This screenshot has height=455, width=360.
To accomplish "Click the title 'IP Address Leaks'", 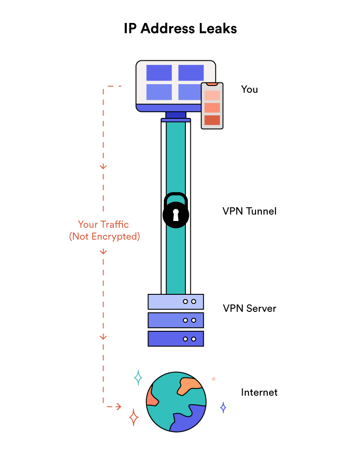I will click(x=180, y=29).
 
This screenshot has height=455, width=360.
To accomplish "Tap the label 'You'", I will click(x=249, y=89).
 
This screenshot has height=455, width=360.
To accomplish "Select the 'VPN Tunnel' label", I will click(x=249, y=211).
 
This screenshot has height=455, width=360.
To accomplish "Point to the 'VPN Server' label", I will click(x=249, y=309).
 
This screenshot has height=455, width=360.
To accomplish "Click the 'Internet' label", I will click(x=259, y=392).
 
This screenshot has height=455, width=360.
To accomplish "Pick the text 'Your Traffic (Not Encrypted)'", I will click(x=104, y=230).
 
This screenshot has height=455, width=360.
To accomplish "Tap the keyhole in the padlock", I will click(x=175, y=215).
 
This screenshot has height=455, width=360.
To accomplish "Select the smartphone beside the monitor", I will click(x=212, y=106).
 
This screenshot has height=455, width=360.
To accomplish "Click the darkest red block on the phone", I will click(x=212, y=120).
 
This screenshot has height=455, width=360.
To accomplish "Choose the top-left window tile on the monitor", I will click(x=159, y=72).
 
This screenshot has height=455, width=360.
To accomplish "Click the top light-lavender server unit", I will click(x=175, y=302).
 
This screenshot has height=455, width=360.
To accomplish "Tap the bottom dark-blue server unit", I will click(x=175, y=338).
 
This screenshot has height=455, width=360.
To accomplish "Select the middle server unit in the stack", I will click(x=175, y=320).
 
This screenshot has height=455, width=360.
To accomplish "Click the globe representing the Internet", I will click(x=176, y=401).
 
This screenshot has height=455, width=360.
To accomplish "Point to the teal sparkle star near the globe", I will click(x=138, y=378).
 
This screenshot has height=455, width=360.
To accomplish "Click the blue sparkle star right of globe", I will click(x=223, y=407).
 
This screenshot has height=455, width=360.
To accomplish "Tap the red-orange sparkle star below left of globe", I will click(x=134, y=417).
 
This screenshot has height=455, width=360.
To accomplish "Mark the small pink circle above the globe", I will click(x=214, y=379).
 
